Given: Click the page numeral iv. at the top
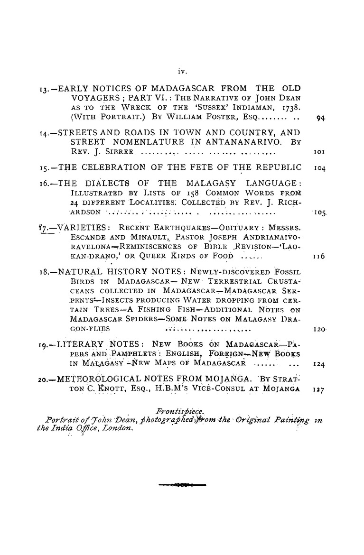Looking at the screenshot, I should (182, 72).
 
